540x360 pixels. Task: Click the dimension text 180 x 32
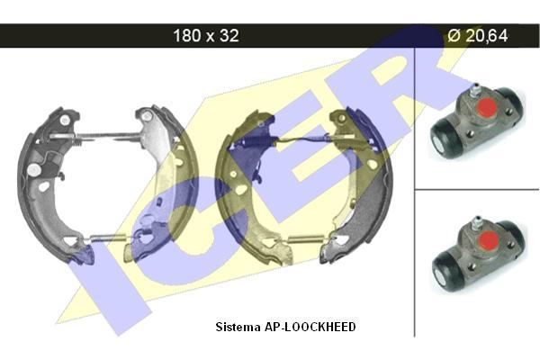tap(205, 35)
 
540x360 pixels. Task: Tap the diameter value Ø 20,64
tap(478, 35)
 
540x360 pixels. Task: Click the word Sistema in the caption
tap(238, 327)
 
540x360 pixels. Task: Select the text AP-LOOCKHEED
tap(310, 327)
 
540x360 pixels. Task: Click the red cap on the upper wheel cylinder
tap(486, 106)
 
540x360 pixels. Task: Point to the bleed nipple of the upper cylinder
tap(474, 90)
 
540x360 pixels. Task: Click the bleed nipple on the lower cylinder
tap(477, 223)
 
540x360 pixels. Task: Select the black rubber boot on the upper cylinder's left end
tap(443, 139)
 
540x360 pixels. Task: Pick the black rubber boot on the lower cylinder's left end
tap(445, 273)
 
